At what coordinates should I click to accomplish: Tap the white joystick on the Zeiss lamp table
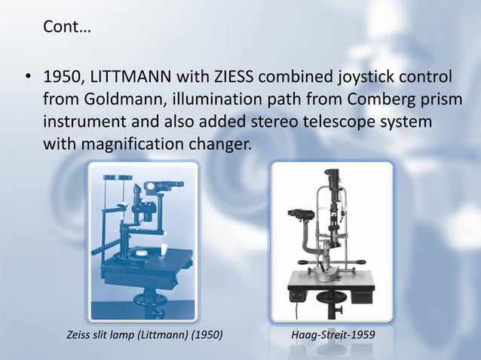tap(161, 248)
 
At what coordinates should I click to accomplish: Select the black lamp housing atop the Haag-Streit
tap(332, 178)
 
